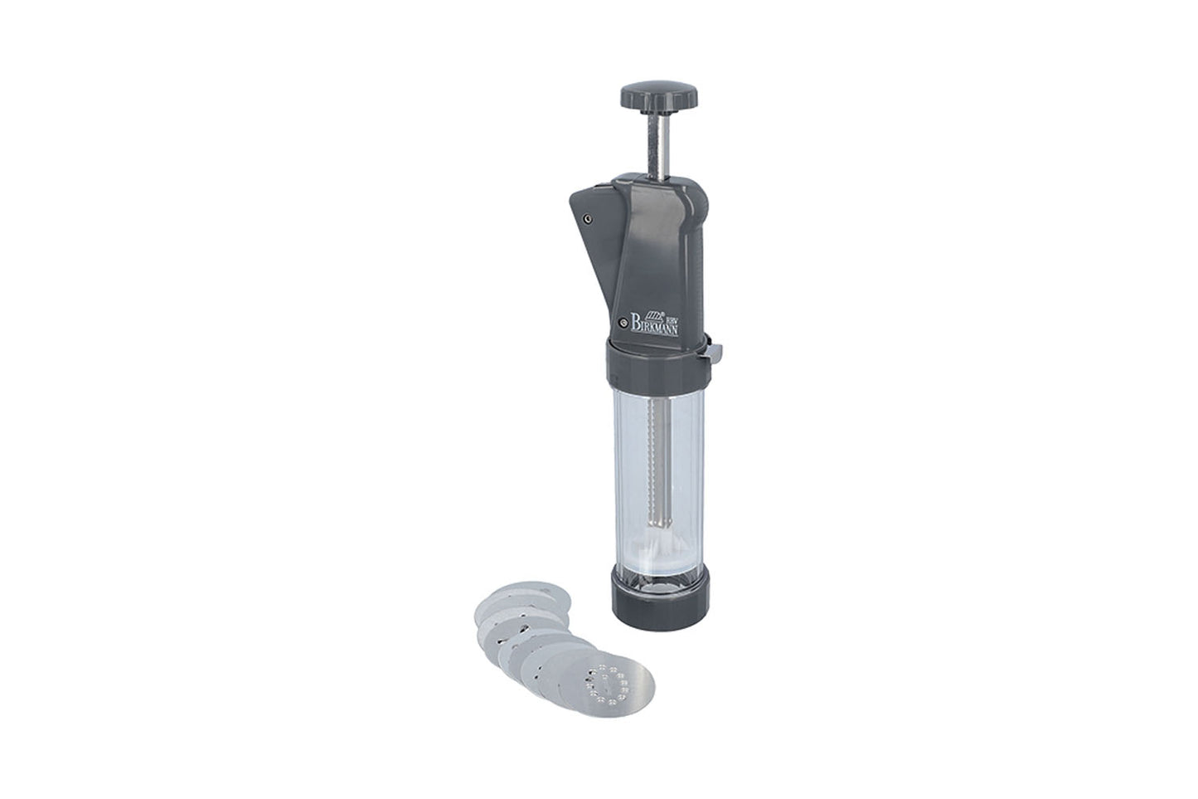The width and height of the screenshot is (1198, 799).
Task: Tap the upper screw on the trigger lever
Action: click(587, 218)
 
